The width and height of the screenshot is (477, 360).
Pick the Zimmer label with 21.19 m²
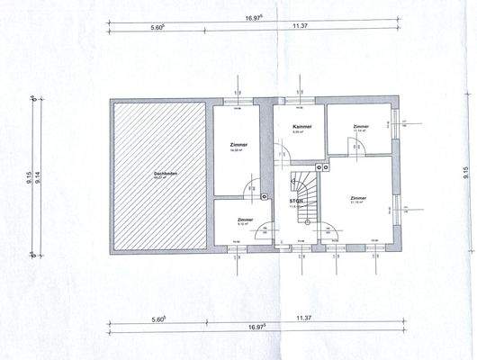357,200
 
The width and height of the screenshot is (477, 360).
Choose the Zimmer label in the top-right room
361,128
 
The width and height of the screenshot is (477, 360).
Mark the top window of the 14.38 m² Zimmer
238,101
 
